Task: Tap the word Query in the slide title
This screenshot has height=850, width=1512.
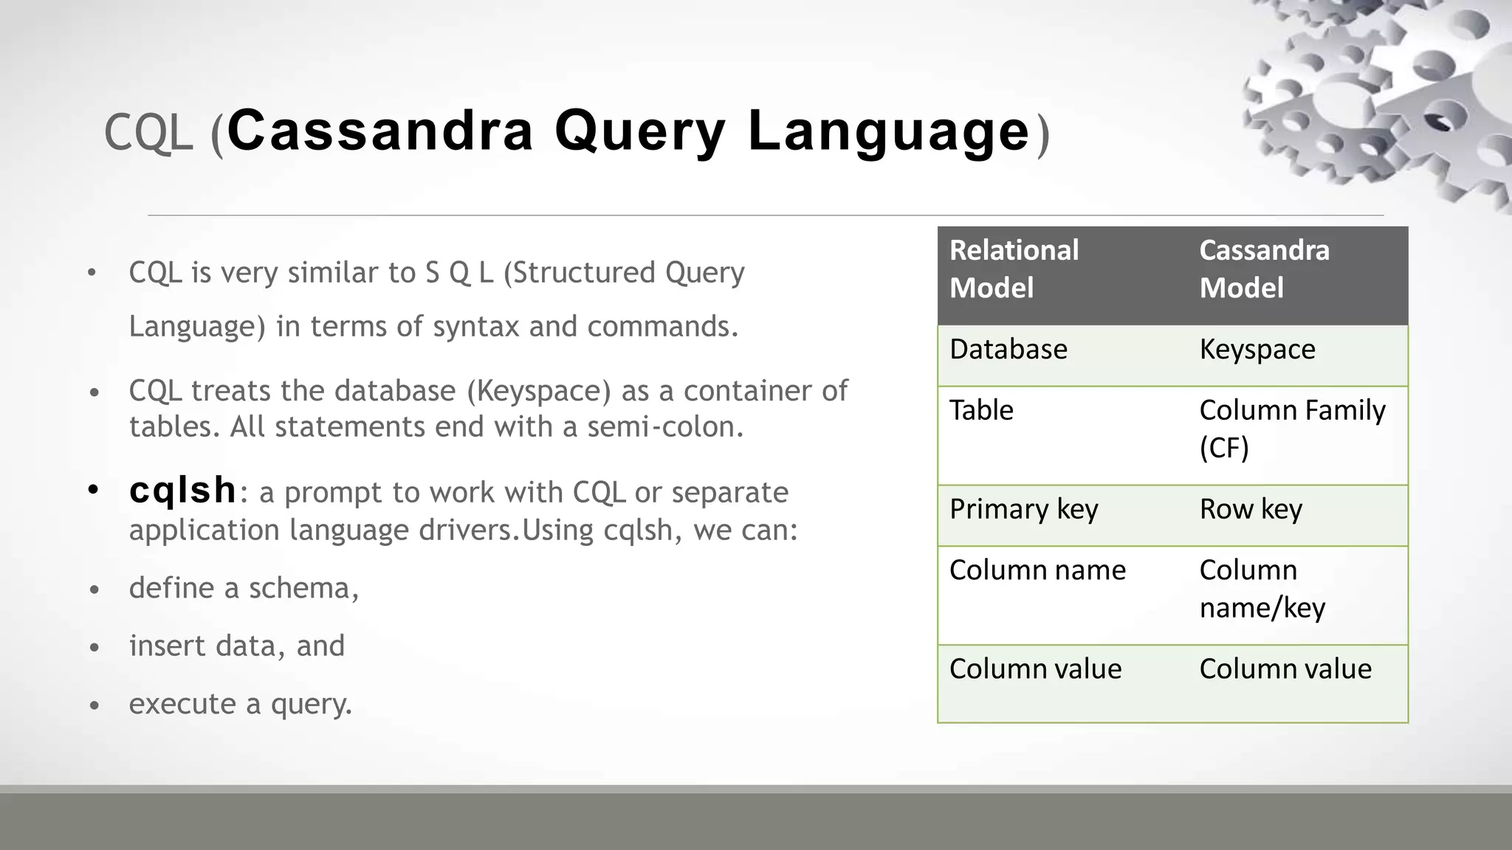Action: pyautogui.click(x=639, y=131)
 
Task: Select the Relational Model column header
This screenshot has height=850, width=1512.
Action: pyautogui.click(x=1014, y=269)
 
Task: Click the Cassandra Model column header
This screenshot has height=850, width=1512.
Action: pyautogui.click(x=1264, y=269)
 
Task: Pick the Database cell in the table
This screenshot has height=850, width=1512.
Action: pyautogui.click(x=1008, y=349)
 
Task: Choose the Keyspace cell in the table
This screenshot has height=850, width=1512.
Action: pyautogui.click(x=1257, y=349)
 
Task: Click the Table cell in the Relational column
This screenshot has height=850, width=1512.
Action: pyautogui.click(x=981, y=410)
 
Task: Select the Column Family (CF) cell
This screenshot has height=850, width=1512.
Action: pyautogui.click(x=1292, y=428)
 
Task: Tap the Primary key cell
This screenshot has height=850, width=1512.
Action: pyautogui.click(x=1023, y=509)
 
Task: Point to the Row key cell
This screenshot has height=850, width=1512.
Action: pyautogui.click(x=1251, y=509)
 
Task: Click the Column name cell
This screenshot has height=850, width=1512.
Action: pyautogui.click(x=1037, y=570)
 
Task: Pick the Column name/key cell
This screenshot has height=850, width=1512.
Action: pyautogui.click(x=1262, y=589)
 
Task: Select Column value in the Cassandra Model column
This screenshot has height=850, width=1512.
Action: pyautogui.click(x=1285, y=669)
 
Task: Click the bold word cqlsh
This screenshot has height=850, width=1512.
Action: pyautogui.click(x=183, y=491)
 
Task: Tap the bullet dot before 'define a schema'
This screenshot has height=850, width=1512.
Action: pyautogui.click(x=94, y=590)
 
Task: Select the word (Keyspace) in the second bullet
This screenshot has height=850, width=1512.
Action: pyautogui.click(x=539, y=391)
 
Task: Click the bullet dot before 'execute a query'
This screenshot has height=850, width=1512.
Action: pyautogui.click(x=94, y=706)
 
